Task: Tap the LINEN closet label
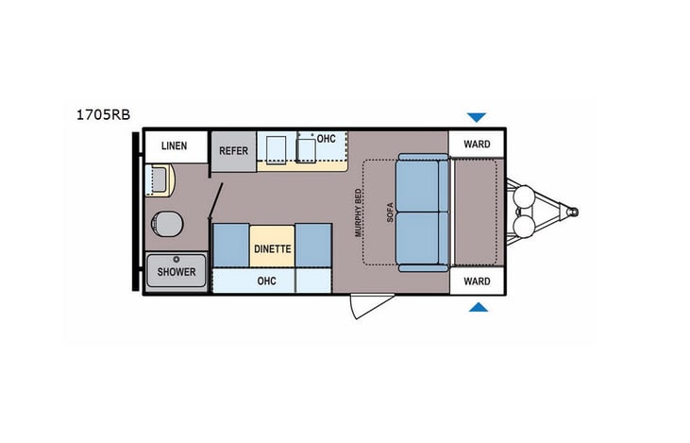point(174,146)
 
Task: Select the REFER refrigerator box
point(233,151)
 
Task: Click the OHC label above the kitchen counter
point(326,139)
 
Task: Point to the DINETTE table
point(273,248)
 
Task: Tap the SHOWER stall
point(177,272)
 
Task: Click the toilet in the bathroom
point(166,224)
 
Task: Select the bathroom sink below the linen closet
point(157,179)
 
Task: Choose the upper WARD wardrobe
point(477,145)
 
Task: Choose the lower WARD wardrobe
point(477,281)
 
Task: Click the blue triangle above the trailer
point(477,117)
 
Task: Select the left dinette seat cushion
point(231,246)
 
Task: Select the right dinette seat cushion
point(314,246)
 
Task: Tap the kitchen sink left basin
point(277,149)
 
